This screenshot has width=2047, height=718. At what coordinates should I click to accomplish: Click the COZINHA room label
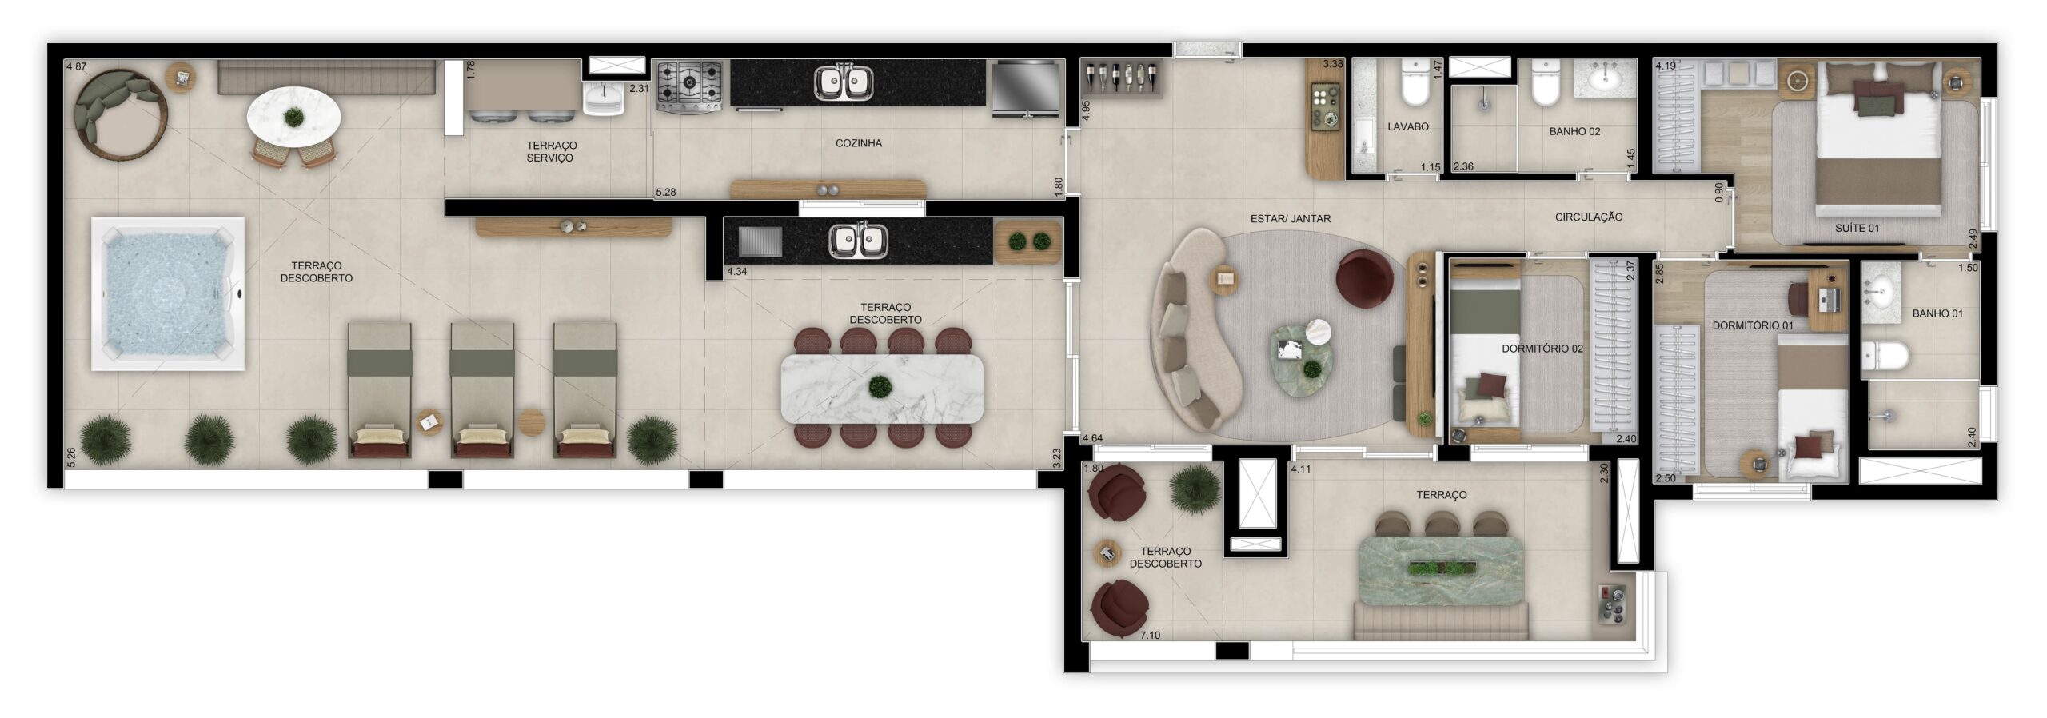click(x=858, y=143)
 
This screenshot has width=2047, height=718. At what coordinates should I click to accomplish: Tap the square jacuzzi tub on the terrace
click(x=167, y=293)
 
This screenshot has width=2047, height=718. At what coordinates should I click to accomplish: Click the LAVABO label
click(x=1407, y=126)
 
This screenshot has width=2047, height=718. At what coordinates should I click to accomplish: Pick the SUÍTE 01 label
click(x=1857, y=228)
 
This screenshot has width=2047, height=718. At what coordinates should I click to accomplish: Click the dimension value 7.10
click(x=1150, y=635)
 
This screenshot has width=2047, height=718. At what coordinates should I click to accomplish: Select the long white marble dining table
click(x=882, y=388)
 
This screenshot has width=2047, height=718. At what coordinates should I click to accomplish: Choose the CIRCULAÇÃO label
click(x=1588, y=217)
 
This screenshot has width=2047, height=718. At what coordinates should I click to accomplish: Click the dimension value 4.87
click(x=76, y=67)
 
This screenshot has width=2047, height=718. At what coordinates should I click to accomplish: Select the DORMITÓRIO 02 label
click(x=1542, y=349)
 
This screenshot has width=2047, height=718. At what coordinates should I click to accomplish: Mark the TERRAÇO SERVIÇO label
click(x=551, y=151)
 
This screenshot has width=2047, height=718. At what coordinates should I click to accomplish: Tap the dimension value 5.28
click(x=665, y=192)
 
